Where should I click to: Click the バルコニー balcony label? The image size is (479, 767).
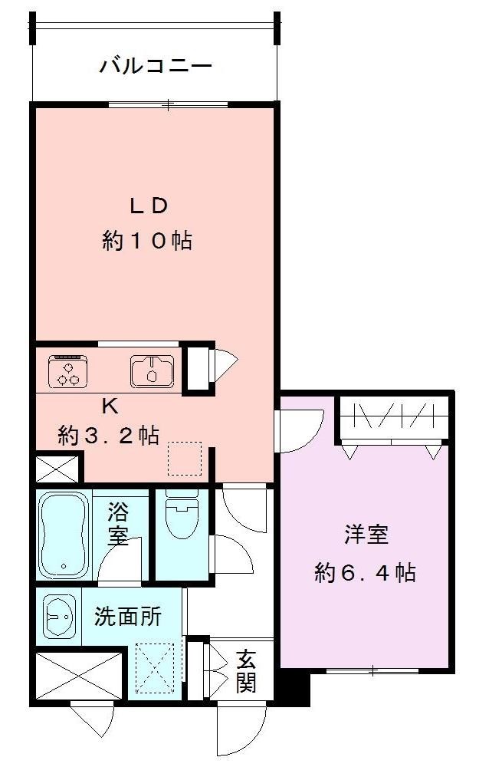(156, 67)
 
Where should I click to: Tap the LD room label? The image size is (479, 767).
(147, 206)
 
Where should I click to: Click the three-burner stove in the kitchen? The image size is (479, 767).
(71, 371)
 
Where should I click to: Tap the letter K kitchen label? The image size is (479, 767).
(110, 407)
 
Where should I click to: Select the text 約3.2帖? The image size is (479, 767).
(109, 436)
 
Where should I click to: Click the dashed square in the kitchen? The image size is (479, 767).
(185, 458)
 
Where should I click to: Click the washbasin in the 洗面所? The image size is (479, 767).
(60, 616)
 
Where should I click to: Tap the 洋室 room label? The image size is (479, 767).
(365, 535)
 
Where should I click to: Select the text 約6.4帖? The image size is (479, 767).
(365, 572)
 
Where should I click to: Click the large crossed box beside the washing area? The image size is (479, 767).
(79, 675)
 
